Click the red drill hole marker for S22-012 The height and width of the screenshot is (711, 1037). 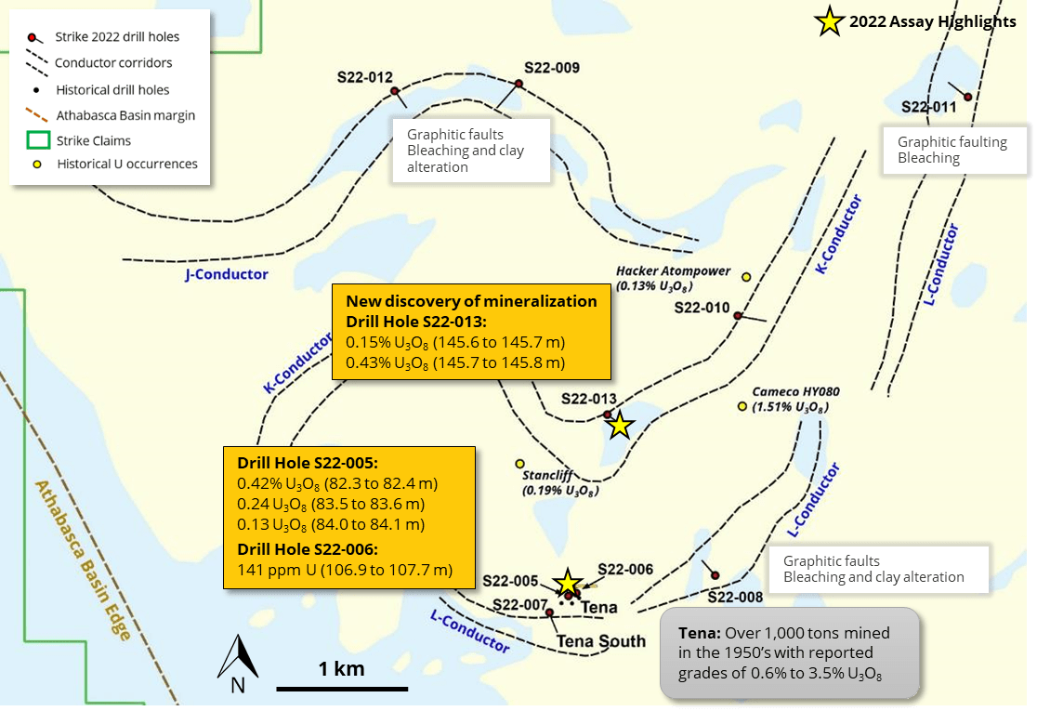[x=395, y=91]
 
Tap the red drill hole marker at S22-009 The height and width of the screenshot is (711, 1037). [x=519, y=84]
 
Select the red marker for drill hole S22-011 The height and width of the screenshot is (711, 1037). [x=967, y=97]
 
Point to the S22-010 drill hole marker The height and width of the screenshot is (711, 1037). [x=738, y=316]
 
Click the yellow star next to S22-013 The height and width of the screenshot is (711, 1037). [x=620, y=427]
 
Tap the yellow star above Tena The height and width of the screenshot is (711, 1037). [x=566, y=583]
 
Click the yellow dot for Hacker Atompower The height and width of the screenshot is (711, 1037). [x=746, y=276]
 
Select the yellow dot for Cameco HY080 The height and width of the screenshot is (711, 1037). [x=742, y=406]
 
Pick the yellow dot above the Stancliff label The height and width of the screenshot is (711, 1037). [x=519, y=464]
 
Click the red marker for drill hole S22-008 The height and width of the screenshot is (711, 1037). [x=715, y=575]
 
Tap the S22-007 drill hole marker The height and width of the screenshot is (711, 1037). [x=550, y=612]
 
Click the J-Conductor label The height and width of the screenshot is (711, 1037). [x=227, y=274]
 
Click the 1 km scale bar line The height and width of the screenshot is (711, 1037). [x=342, y=689]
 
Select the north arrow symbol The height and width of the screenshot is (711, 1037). [x=238, y=662]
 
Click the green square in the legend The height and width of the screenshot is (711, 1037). [x=37, y=141]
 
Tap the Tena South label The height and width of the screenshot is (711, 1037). [x=600, y=641]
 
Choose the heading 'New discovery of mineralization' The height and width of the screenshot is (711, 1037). [x=471, y=301]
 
